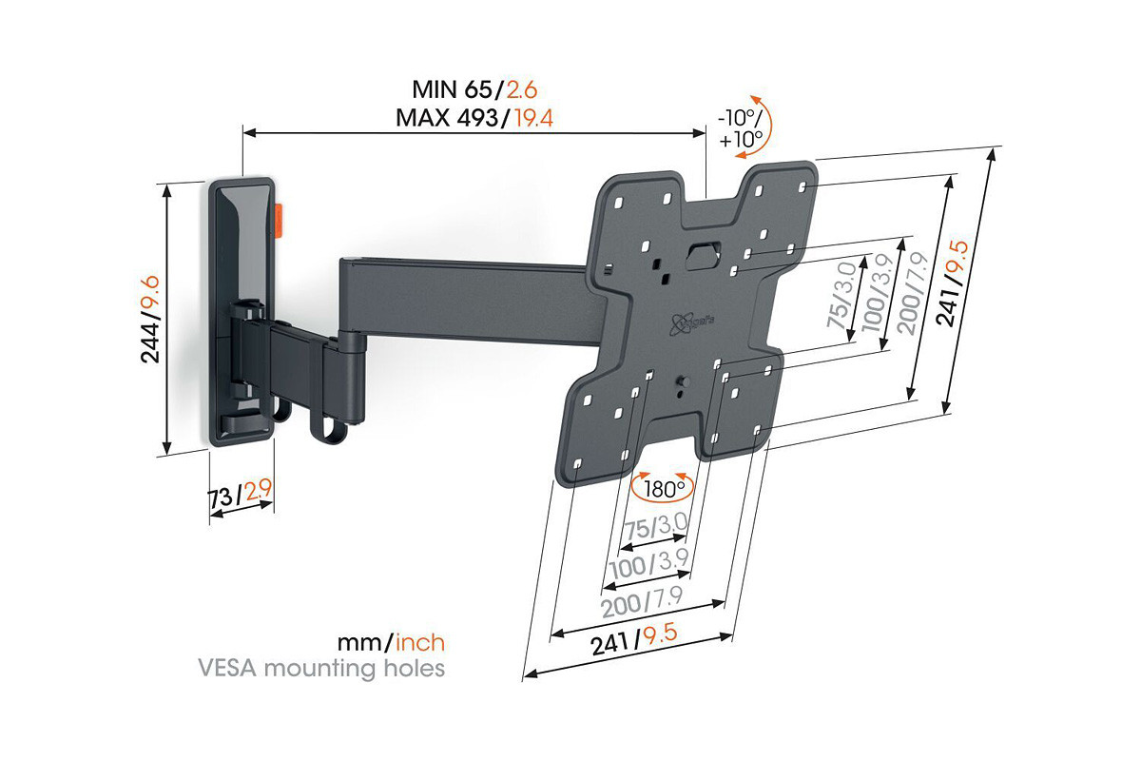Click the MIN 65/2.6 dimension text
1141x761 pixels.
[474, 90]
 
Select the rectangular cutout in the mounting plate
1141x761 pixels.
[703, 255]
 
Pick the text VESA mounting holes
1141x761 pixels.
[320, 669]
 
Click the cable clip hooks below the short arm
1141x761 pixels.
[304, 419]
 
